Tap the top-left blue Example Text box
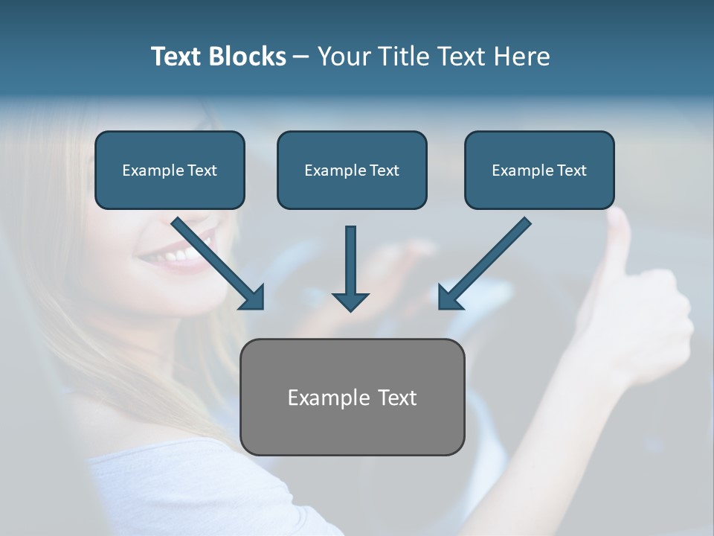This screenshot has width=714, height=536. (x=170, y=170)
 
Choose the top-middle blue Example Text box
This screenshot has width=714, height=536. (x=352, y=170)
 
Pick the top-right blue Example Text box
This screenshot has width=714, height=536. (x=539, y=170)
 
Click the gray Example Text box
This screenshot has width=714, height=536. (x=352, y=397)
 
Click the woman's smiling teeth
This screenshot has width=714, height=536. (x=178, y=255)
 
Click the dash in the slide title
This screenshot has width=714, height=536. (x=301, y=57)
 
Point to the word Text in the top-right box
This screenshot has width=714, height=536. (x=572, y=170)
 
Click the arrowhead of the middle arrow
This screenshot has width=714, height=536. (x=350, y=301)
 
